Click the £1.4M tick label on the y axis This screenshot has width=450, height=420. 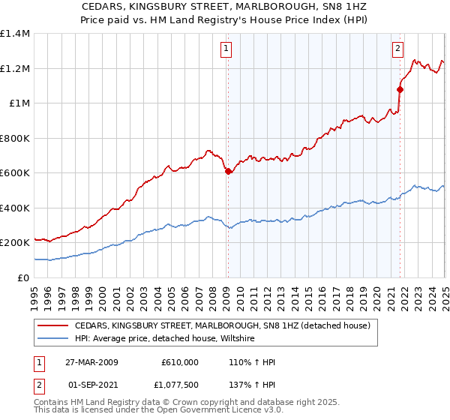(x=15, y=34)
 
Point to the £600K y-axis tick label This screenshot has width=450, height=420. (x=15, y=173)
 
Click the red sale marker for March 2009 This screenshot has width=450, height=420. (x=228, y=171)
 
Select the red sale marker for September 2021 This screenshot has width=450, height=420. (x=400, y=89)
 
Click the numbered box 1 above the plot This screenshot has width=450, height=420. (x=226, y=49)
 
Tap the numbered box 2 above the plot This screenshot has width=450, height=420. (x=397, y=49)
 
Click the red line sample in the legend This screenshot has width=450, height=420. (x=52, y=326)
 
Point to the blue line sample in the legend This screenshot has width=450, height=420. (x=52, y=339)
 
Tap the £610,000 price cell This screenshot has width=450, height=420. (x=179, y=362)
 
